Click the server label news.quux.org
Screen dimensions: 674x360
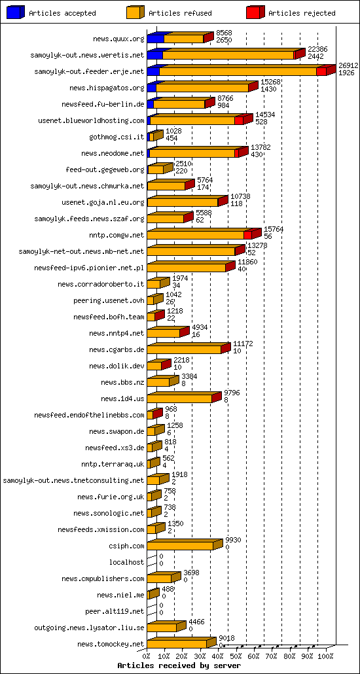(118, 39)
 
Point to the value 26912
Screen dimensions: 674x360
(346, 65)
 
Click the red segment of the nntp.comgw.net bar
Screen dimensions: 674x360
(249, 234)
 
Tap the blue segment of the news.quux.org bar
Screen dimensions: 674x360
(156, 39)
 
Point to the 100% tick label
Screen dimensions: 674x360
(325, 656)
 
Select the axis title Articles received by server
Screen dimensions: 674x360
(174, 665)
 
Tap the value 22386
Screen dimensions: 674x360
(317, 49)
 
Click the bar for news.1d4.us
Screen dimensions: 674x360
(180, 399)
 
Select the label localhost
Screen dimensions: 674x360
(126, 562)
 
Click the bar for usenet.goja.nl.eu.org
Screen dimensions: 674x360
(184, 202)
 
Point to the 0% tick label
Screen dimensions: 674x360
(147, 656)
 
